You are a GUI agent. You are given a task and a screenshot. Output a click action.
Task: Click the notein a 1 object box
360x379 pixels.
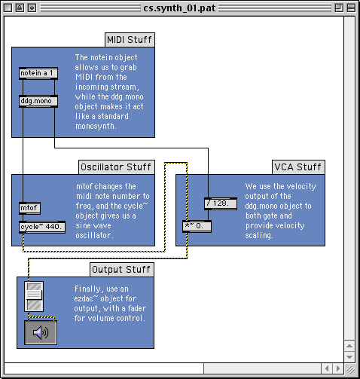[x=38, y=73]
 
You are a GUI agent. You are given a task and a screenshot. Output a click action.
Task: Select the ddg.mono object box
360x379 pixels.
[x=38, y=101]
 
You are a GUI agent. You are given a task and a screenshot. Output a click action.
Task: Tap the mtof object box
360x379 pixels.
[x=29, y=208]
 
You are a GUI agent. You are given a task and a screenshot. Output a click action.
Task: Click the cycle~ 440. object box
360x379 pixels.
[x=42, y=227]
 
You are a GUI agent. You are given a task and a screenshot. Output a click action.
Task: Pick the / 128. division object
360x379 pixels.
[x=221, y=203]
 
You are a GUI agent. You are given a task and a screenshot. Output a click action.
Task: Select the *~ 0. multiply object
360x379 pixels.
[x=197, y=226]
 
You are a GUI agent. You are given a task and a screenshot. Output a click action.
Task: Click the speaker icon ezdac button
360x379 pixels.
[x=41, y=332]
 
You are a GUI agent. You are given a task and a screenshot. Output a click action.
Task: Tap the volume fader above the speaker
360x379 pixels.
[x=34, y=297]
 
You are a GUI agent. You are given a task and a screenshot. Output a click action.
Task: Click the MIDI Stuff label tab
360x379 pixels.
[x=130, y=40]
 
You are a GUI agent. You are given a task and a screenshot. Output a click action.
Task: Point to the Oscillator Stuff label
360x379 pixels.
[x=117, y=167]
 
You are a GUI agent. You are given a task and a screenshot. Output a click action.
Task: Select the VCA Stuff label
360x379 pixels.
[x=298, y=167]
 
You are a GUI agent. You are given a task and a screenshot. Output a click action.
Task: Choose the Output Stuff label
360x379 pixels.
[x=122, y=270]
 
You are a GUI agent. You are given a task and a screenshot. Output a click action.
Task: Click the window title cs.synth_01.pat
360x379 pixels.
[x=179, y=8]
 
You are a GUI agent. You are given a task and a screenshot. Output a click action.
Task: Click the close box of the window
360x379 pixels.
[x=8, y=8]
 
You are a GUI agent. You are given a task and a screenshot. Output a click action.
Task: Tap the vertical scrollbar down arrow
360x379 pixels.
[x=349, y=356]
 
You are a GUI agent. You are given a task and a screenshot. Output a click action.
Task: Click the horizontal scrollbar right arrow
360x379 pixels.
[x=338, y=368]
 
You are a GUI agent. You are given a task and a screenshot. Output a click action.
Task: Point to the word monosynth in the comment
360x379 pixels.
[x=96, y=126]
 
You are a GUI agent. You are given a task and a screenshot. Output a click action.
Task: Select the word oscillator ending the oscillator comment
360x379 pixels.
[x=94, y=236]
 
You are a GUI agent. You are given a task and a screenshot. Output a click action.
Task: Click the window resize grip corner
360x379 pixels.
[x=350, y=369]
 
